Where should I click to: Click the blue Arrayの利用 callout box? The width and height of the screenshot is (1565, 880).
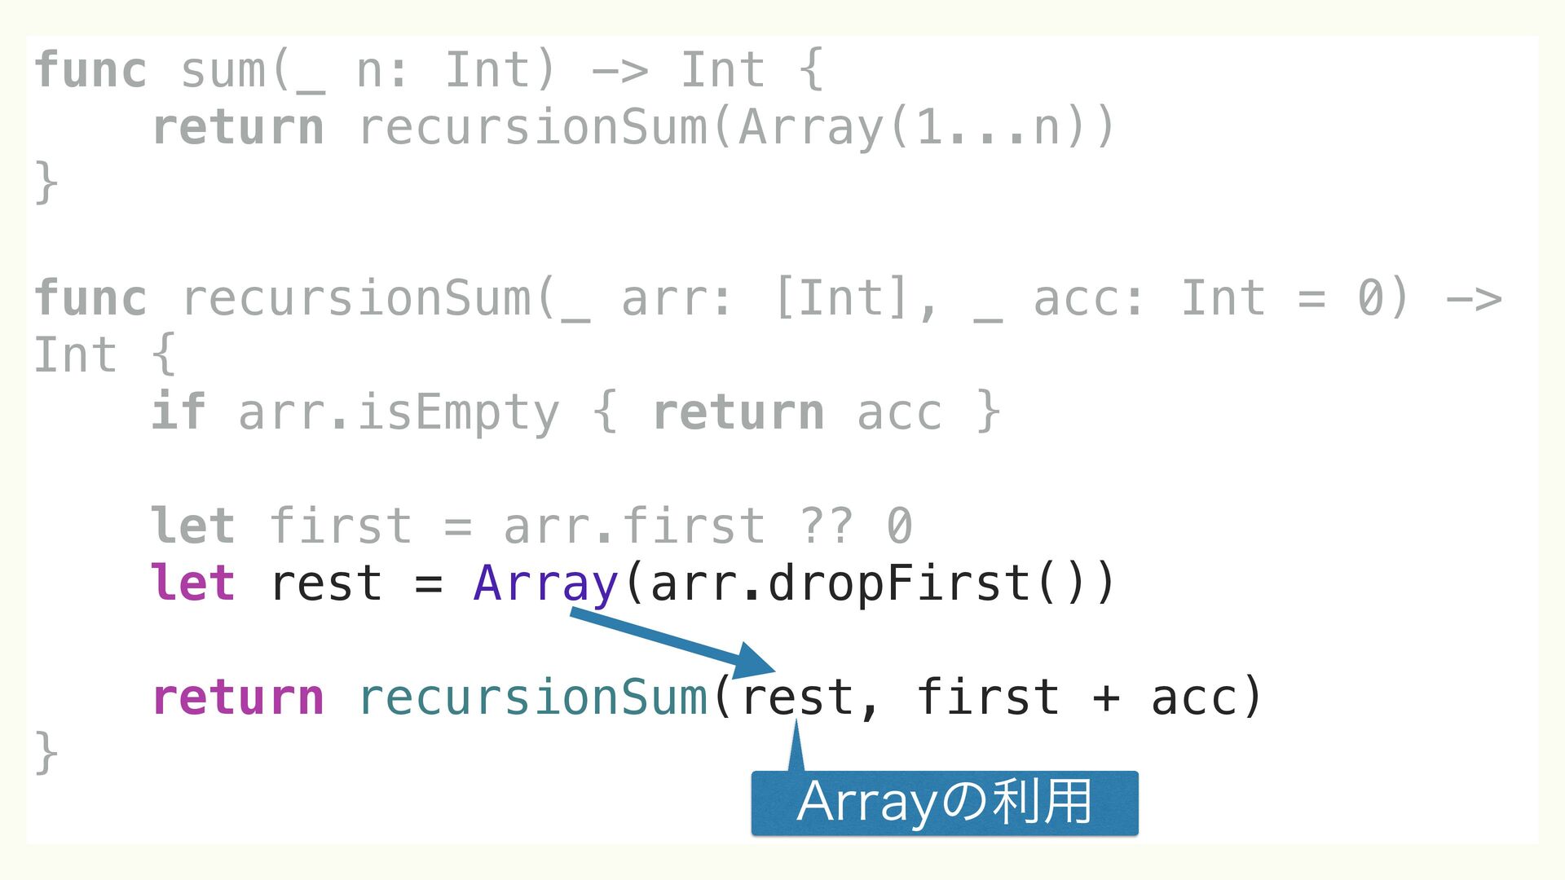click(944, 803)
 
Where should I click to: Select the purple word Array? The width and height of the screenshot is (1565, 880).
click(545, 584)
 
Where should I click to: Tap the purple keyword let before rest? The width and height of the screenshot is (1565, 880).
click(193, 583)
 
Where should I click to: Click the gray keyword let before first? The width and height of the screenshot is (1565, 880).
click(193, 526)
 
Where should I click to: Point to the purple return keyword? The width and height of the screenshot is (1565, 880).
click(238, 697)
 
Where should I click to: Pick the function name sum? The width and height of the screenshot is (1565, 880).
click(223, 70)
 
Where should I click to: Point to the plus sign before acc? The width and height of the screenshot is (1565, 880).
click(1106, 698)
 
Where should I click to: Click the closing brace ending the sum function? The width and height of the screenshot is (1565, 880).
click(46, 183)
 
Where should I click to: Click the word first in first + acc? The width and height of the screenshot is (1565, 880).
click(987, 697)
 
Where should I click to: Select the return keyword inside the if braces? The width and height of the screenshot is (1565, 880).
click(738, 412)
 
